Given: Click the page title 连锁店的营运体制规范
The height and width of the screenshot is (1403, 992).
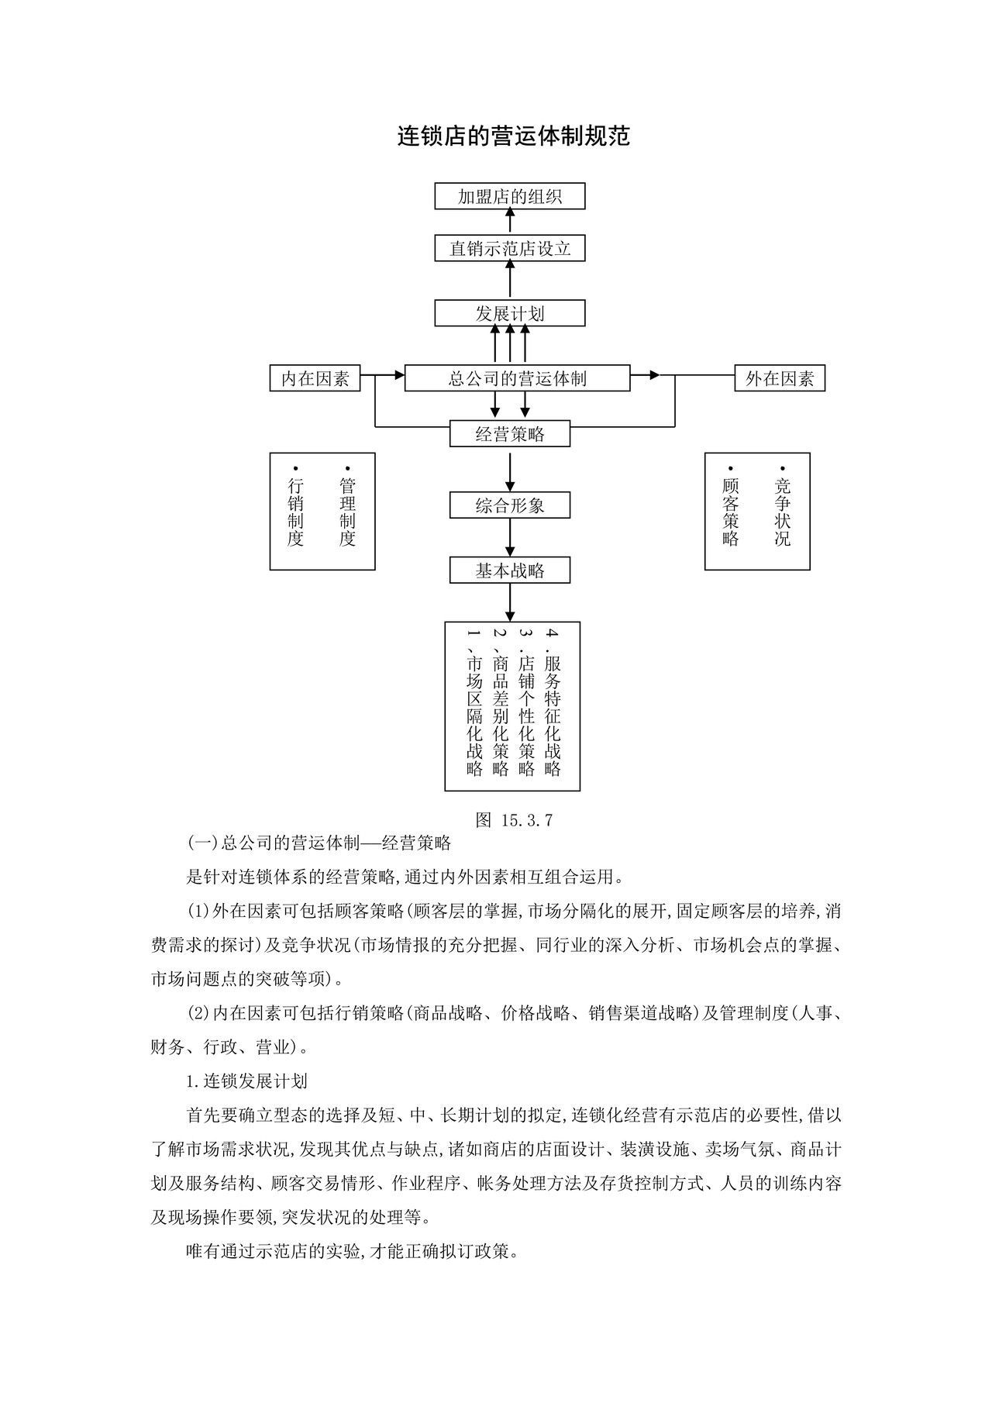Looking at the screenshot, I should [x=513, y=136].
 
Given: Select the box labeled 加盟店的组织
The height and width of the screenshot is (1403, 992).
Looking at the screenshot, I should [x=509, y=196].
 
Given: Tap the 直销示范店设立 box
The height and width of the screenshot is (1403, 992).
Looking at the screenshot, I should [x=509, y=249].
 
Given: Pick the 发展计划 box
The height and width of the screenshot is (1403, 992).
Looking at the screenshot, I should [x=509, y=313].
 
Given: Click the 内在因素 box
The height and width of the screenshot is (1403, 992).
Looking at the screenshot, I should [x=315, y=378].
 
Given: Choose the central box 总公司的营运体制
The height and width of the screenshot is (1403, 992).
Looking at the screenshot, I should [x=517, y=378].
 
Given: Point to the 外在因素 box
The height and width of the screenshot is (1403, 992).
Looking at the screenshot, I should [x=780, y=378].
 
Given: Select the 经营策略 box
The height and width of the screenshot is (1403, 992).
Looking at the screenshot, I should [x=509, y=434].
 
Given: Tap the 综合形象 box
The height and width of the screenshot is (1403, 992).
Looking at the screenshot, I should [x=509, y=505].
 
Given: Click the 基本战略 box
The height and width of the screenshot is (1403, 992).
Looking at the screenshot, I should [x=509, y=571].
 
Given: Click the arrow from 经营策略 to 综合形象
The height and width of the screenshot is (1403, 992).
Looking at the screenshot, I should [x=510, y=470].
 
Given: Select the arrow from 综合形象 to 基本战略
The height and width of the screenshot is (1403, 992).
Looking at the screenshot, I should [x=510, y=538].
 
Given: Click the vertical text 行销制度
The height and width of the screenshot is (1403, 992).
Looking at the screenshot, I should [x=295, y=512].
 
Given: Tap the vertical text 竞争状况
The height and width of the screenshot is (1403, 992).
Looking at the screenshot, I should [x=783, y=512].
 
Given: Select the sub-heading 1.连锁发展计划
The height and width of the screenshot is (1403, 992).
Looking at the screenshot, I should [x=247, y=1081].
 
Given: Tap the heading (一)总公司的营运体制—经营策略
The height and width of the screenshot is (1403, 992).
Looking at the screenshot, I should [x=319, y=843].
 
